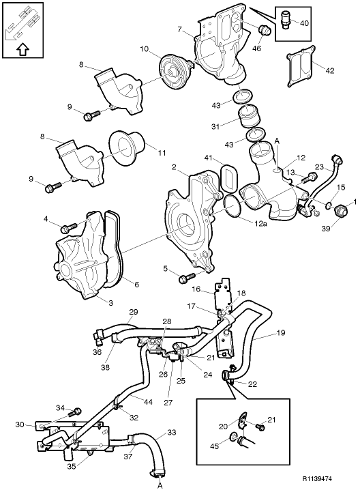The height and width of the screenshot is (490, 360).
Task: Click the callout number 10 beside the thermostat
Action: pos(145,49)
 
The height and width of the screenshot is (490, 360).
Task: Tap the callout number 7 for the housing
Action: pos(179,29)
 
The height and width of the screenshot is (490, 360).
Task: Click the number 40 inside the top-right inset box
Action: pos(304,23)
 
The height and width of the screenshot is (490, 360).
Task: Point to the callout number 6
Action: pos(136,284)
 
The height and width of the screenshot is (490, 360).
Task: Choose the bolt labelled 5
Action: pos(187,278)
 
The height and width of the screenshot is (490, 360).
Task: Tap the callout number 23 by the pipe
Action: pos(319,167)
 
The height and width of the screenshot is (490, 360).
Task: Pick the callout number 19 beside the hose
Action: pos(280,334)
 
